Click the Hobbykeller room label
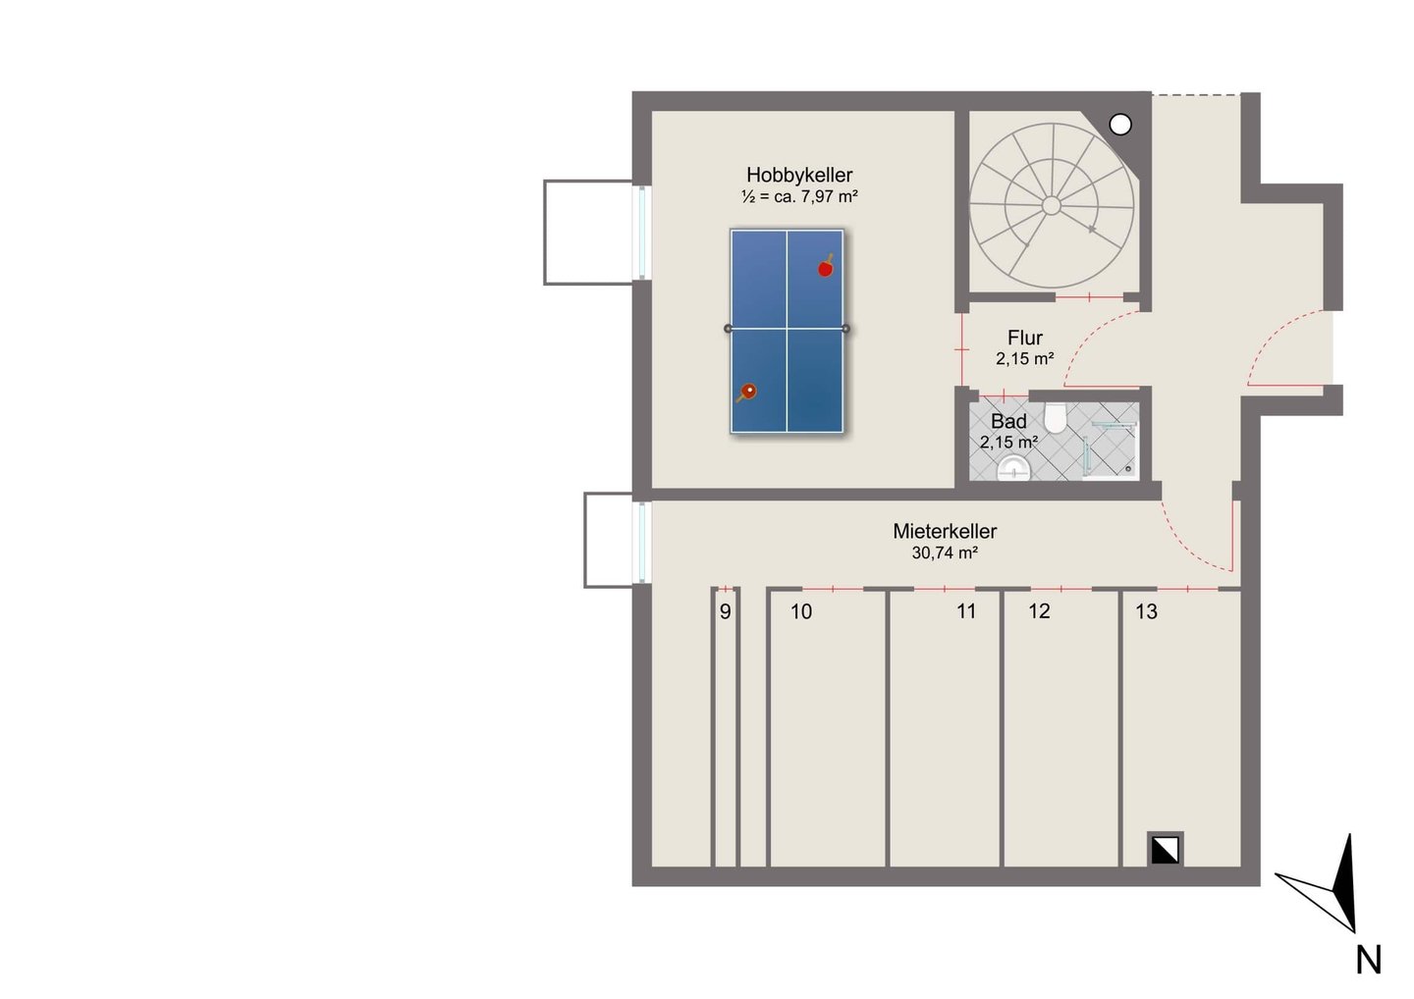[x=799, y=175]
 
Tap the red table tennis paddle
[x=826, y=267]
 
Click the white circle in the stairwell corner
[x=1120, y=125]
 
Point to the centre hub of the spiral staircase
[x=1051, y=206]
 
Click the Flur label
[x=1025, y=338]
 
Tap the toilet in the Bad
[x=1055, y=417]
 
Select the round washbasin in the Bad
[x=1013, y=469]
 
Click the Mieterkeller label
[x=945, y=531]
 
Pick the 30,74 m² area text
[x=945, y=553]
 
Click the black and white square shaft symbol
[x=1165, y=850]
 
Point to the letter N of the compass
[x=1369, y=961]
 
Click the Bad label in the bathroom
[x=1008, y=421]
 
